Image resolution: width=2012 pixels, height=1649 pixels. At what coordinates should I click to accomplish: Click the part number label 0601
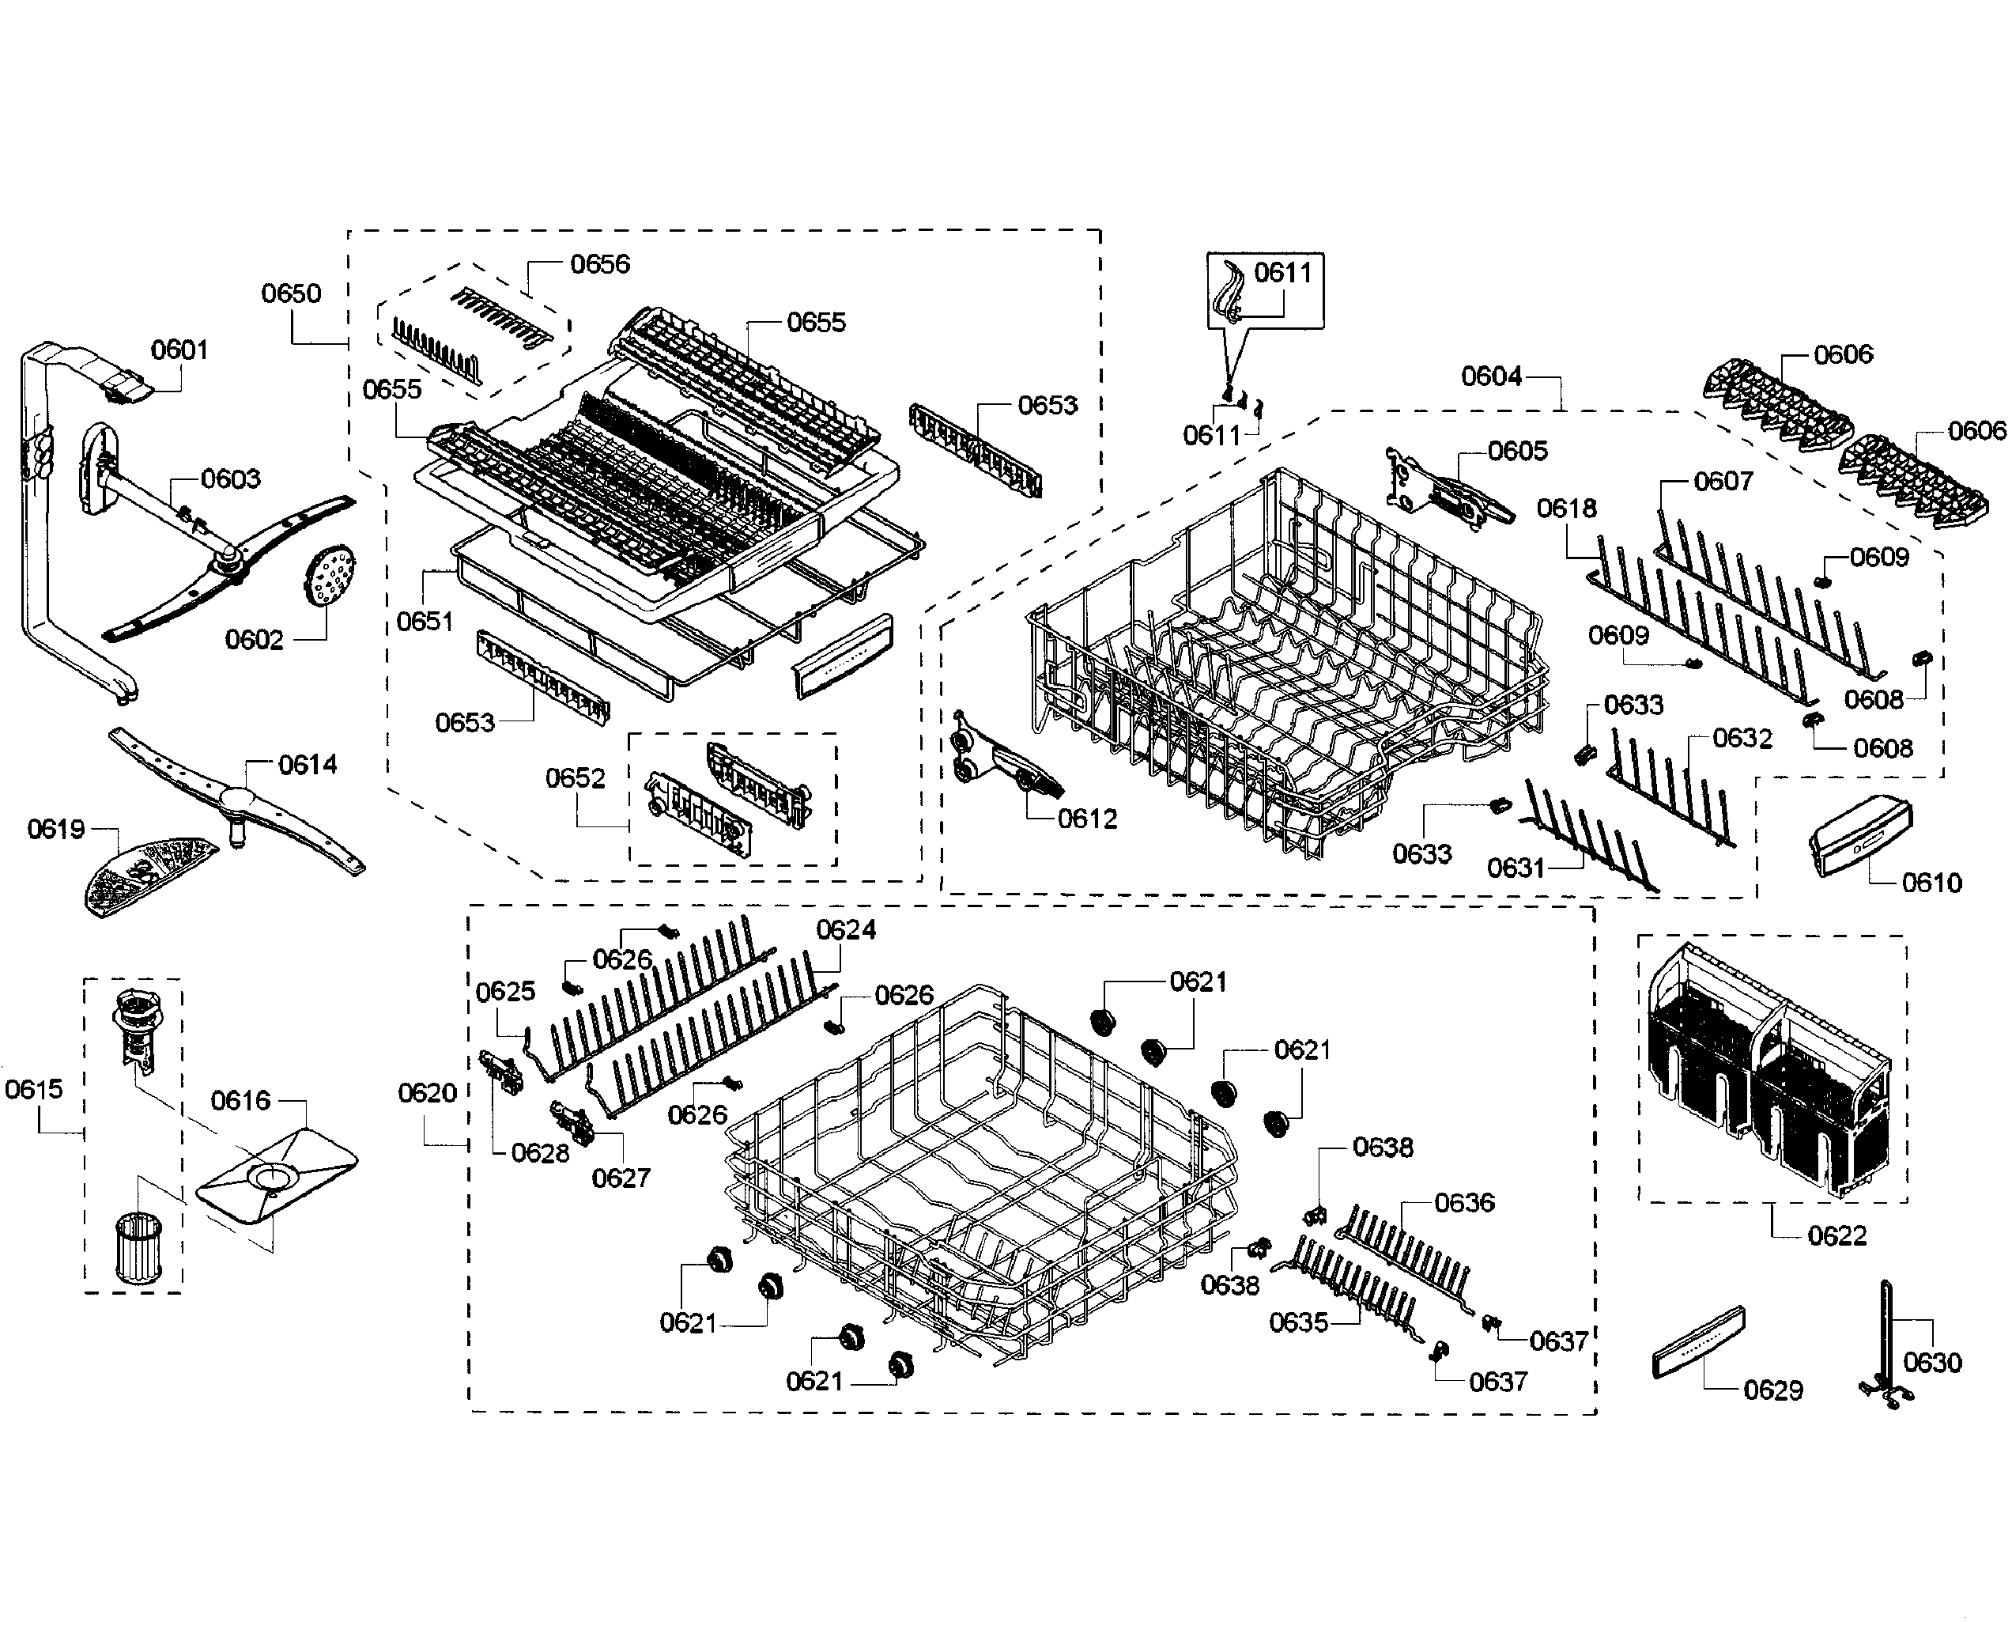(x=179, y=350)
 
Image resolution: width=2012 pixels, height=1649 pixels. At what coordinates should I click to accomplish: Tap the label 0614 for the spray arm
(x=307, y=765)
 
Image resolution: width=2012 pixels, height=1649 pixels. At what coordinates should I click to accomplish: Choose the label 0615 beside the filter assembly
(x=34, y=1090)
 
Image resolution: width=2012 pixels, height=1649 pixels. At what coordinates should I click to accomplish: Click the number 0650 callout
(x=291, y=293)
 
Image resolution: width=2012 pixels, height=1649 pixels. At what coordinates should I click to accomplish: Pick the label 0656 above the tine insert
(x=599, y=264)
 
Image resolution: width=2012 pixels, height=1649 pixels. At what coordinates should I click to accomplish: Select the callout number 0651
(x=425, y=621)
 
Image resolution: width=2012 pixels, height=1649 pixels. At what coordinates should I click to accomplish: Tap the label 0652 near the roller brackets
(x=575, y=779)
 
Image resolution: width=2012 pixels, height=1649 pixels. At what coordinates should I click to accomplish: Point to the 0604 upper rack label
(x=1491, y=377)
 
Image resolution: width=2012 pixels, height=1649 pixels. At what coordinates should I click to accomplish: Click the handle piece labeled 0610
(x=1859, y=835)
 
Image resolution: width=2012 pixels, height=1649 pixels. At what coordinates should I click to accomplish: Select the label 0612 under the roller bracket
(x=1087, y=819)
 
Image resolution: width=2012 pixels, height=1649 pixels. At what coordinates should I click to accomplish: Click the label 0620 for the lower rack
(x=427, y=1093)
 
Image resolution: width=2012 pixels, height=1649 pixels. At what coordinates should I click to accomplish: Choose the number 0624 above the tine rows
(x=845, y=930)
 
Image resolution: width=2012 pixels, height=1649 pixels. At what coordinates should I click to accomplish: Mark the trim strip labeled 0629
(x=1697, y=1341)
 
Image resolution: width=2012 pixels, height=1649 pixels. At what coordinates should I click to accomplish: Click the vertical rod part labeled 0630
(x=1886, y=1348)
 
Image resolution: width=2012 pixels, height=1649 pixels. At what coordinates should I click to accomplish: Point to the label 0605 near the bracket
(x=1517, y=451)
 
